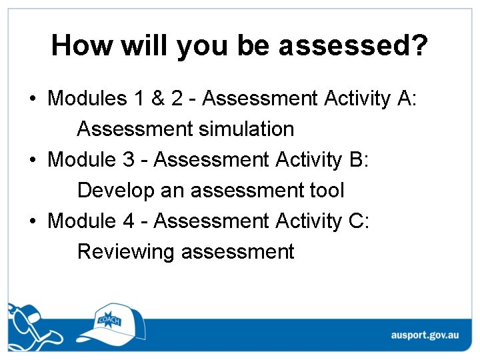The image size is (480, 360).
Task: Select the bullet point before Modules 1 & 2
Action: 33,99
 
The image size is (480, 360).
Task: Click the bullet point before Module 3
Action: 33,161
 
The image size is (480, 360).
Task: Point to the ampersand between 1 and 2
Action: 158,99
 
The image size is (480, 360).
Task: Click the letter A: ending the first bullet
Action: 407,99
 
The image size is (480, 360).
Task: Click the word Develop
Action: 116,191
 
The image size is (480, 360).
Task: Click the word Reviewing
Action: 126,253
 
